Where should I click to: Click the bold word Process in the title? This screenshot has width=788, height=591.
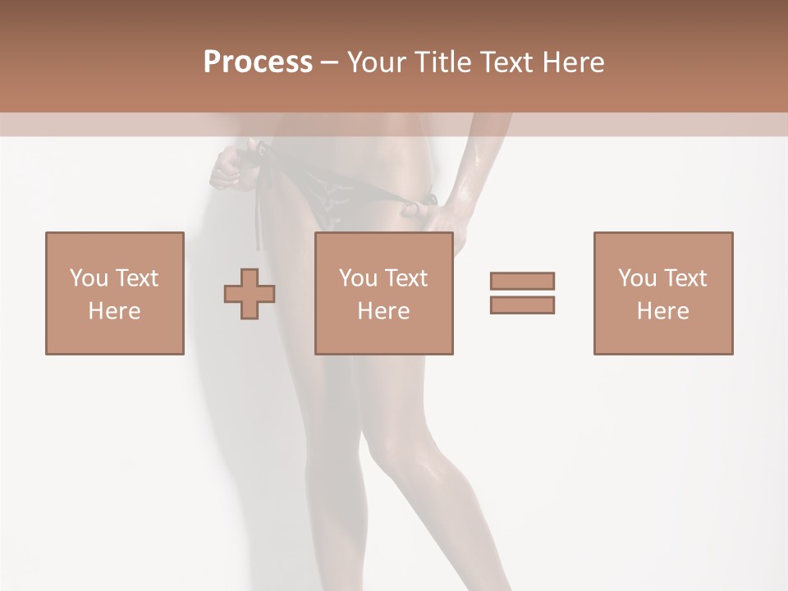(258, 62)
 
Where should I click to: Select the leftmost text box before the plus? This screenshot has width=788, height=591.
(115, 293)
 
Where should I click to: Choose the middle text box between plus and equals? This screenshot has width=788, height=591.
(383, 293)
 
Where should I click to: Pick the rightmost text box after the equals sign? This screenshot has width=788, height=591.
(662, 293)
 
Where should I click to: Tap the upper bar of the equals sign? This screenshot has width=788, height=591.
(522, 281)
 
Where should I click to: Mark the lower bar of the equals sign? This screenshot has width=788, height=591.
(522, 305)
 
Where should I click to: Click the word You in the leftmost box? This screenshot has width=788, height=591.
(88, 278)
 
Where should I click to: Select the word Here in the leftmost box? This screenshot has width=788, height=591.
(115, 311)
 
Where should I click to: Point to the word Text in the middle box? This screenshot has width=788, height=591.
(405, 278)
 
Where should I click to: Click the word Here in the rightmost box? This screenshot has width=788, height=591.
(662, 311)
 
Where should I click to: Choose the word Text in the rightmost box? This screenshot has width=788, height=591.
(685, 278)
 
